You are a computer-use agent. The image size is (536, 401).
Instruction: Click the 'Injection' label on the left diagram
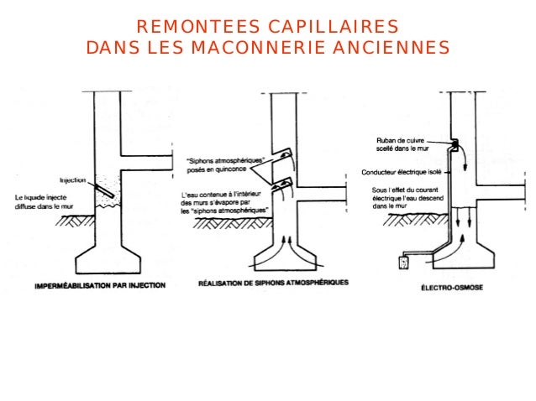75,180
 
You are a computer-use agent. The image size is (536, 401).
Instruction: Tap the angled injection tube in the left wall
104,188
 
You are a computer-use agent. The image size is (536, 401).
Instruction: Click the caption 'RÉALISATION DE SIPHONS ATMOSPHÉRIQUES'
273,284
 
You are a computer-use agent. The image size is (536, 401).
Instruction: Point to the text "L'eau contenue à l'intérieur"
220,196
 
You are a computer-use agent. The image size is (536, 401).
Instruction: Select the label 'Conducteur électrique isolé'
402,173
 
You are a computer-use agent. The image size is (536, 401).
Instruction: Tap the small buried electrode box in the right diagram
403,263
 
